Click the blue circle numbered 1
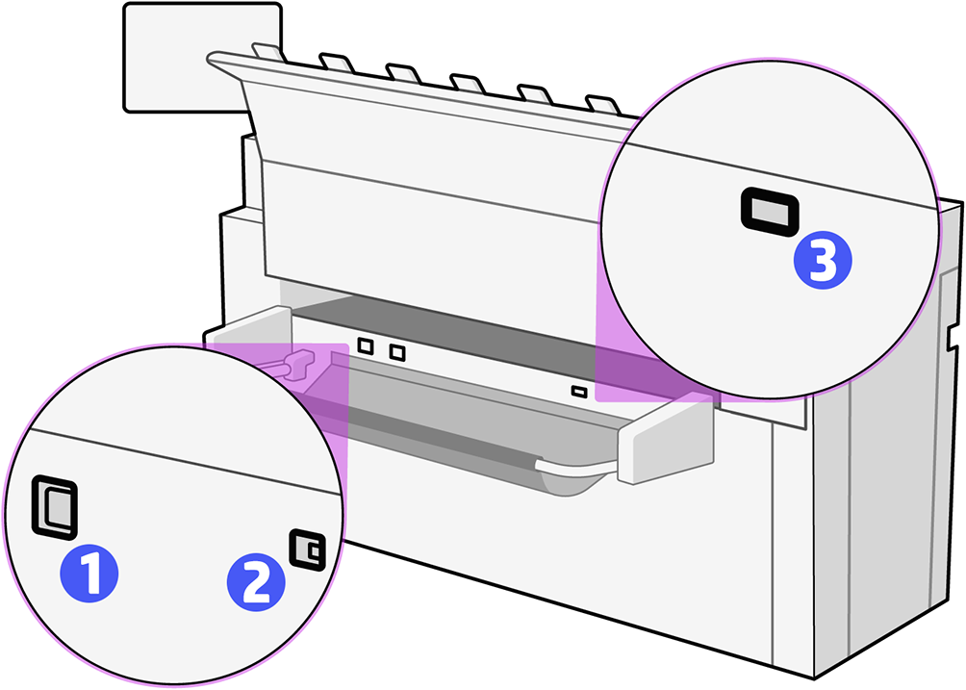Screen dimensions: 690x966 click(x=89, y=575)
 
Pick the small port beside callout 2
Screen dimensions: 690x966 click(x=308, y=549)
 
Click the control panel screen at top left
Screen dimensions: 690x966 click(x=202, y=56)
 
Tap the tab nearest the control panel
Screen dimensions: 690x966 click(x=263, y=51)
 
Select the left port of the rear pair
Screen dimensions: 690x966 click(x=365, y=345)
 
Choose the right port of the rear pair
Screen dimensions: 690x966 click(x=396, y=352)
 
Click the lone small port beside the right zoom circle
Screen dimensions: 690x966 click(x=578, y=391)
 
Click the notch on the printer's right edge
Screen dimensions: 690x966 click(x=953, y=337)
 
